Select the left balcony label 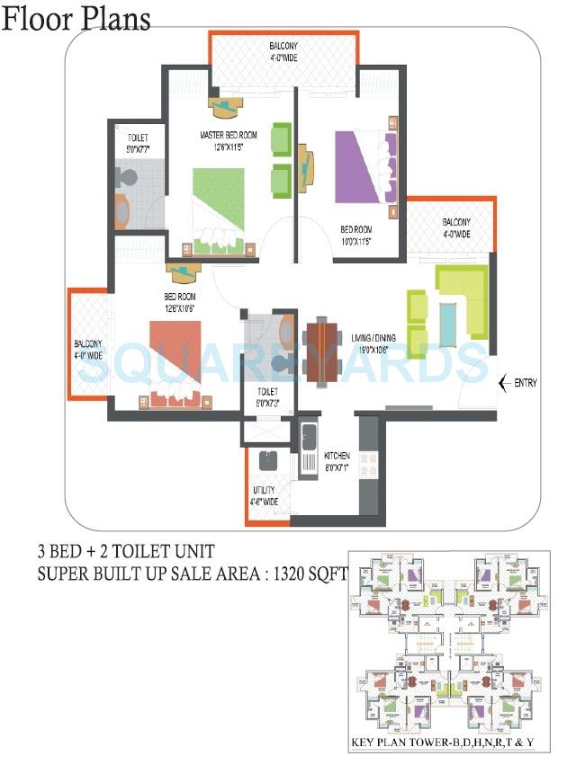[x=89, y=349]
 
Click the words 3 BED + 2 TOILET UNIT [x=125, y=550]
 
